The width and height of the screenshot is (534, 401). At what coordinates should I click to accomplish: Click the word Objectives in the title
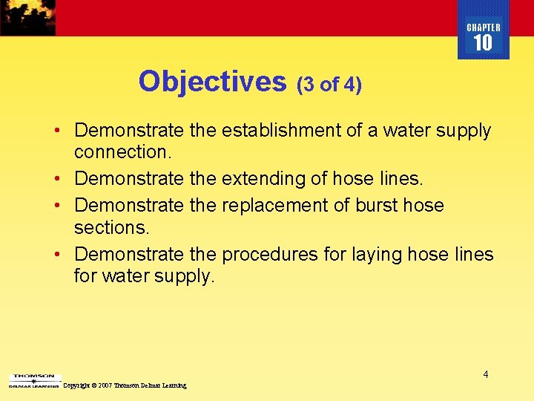(212, 82)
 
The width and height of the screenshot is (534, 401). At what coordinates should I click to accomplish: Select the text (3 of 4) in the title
(329, 85)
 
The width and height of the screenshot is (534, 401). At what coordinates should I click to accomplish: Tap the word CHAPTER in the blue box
(484, 27)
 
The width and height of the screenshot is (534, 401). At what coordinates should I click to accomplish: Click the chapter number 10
(483, 44)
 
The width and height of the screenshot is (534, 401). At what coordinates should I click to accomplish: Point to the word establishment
(286, 131)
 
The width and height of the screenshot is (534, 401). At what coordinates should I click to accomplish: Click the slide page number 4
(486, 374)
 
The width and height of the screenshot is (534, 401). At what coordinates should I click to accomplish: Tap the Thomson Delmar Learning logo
(32, 381)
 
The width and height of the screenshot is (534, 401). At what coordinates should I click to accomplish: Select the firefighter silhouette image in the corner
(27, 17)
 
